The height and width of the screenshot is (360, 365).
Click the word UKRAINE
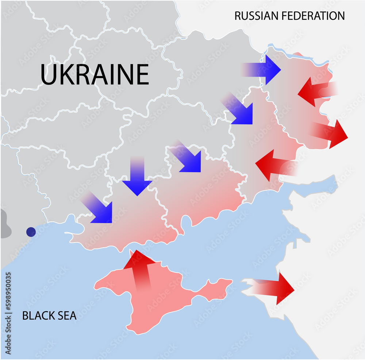pos(95,74)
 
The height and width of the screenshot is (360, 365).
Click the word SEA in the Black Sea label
pos(67,316)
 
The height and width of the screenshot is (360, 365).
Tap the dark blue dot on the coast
pos(31,232)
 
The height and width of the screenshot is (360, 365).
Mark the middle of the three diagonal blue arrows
pos(188,158)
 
